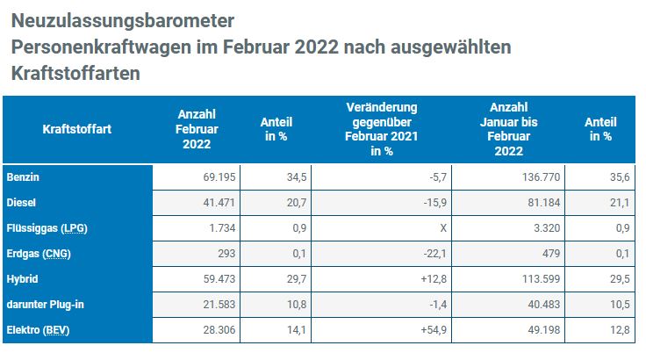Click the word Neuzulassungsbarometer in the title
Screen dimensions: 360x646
coord(124,19)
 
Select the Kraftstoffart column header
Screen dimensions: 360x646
coord(77,130)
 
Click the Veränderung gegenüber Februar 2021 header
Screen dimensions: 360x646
coord(381,130)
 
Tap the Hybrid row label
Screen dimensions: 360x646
coord(23,279)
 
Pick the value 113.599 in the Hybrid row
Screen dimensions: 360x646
coord(535,279)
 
